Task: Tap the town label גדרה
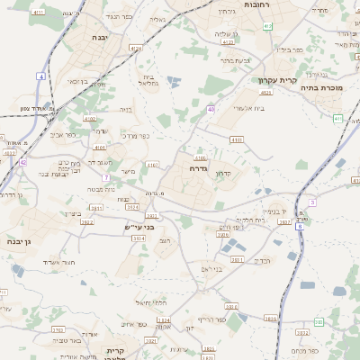point(199,168)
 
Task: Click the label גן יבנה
point(20,242)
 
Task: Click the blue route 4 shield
point(41,76)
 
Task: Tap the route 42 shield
point(22,162)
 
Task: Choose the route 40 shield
point(210,109)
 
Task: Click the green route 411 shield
point(268,26)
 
